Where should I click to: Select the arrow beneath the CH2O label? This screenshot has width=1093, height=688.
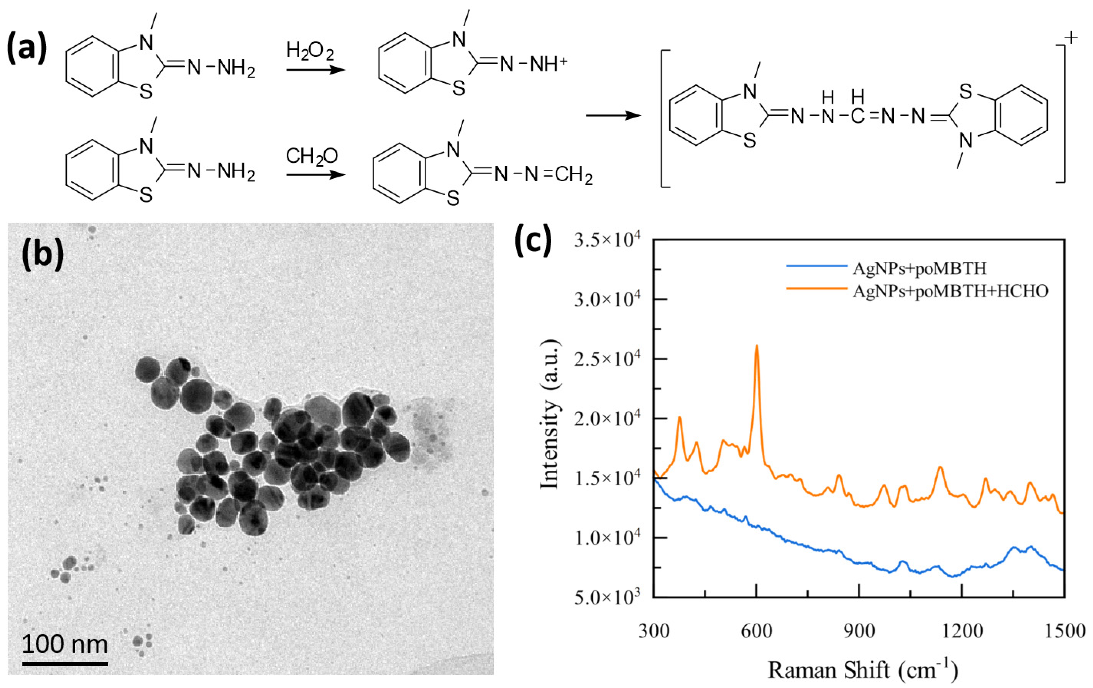coord(316,175)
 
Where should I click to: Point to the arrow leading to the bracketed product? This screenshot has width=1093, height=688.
coord(613,115)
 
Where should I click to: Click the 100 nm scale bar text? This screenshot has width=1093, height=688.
coord(65,644)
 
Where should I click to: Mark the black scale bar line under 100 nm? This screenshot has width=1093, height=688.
coord(65,664)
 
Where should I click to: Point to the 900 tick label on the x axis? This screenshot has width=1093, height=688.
coord(859,631)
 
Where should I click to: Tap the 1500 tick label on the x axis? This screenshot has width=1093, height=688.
coord(1064,631)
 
